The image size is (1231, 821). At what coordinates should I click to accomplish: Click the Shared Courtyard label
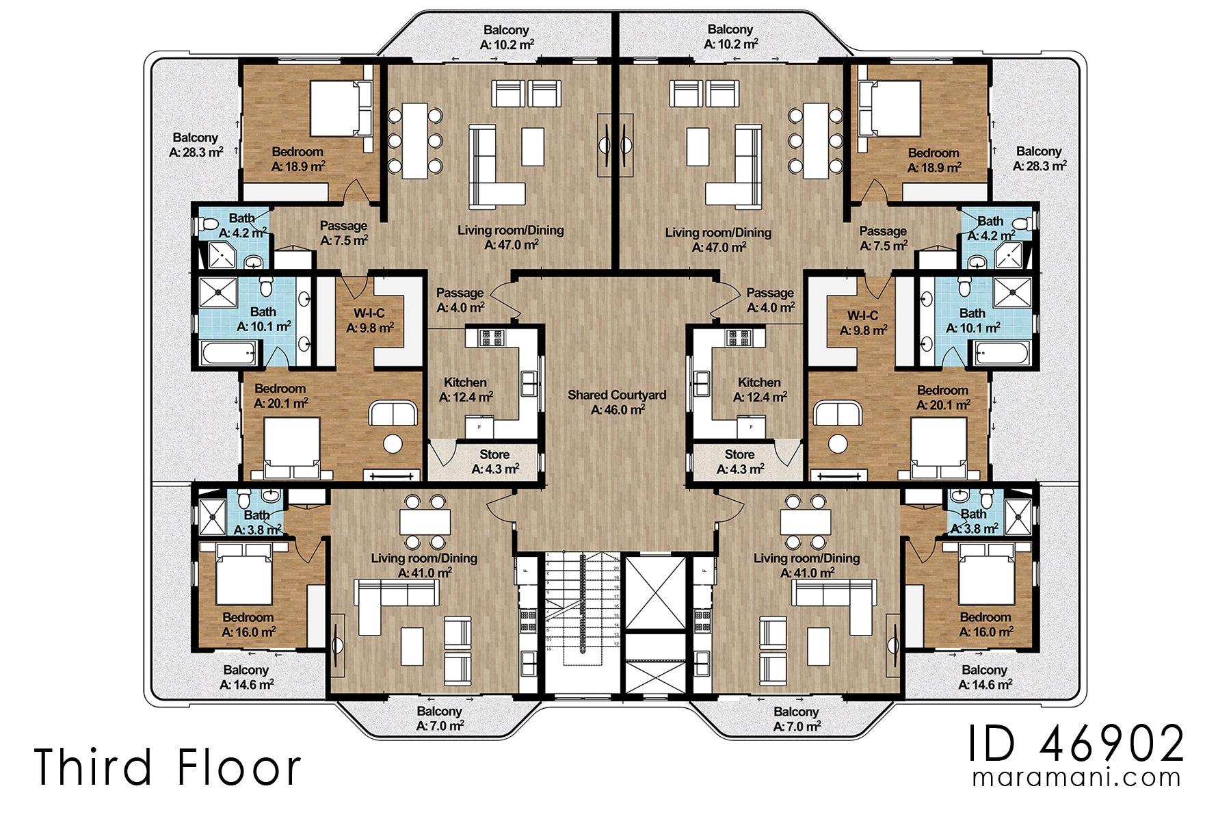[x=616, y=402]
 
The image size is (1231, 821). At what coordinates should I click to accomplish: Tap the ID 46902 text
[x=1076, y=744]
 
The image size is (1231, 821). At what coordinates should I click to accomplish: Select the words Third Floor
[x=168, y=767]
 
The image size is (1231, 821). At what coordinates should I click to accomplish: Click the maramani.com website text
[x=1076, y=778]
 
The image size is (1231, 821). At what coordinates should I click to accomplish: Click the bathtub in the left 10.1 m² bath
[x=228, y=354]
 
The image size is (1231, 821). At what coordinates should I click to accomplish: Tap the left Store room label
[x=494, y=462]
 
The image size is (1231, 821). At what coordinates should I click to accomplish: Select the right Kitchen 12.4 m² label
[x=759, y=389]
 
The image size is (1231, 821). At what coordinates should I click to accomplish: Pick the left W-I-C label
[x=369, y=320]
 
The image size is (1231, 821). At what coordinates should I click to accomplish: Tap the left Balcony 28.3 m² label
[x=196, y=144]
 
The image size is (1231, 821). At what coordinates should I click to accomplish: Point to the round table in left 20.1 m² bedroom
[x=393, y=443]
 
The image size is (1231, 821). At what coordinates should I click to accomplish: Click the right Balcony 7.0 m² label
[x=796, y=718]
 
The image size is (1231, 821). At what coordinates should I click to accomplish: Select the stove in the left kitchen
[x=490, y=337]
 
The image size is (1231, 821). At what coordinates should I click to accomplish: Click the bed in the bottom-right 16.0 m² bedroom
[x=985, y=576]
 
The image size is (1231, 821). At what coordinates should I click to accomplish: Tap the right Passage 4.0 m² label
[x=770, y=300]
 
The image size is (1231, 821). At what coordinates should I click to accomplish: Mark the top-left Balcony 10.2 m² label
[x=506, y=37]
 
